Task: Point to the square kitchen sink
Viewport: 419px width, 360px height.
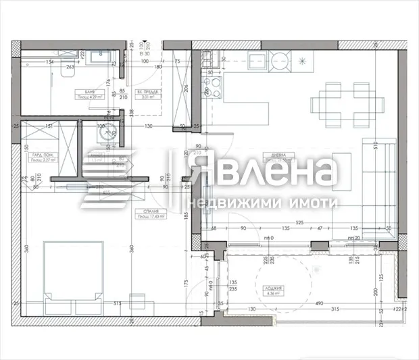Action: coord(257,61)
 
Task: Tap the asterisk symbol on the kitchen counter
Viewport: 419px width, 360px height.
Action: coord(301,61)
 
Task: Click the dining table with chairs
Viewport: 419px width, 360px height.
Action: coord(340,105)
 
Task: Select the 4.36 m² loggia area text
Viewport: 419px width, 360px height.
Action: coord(273,294)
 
